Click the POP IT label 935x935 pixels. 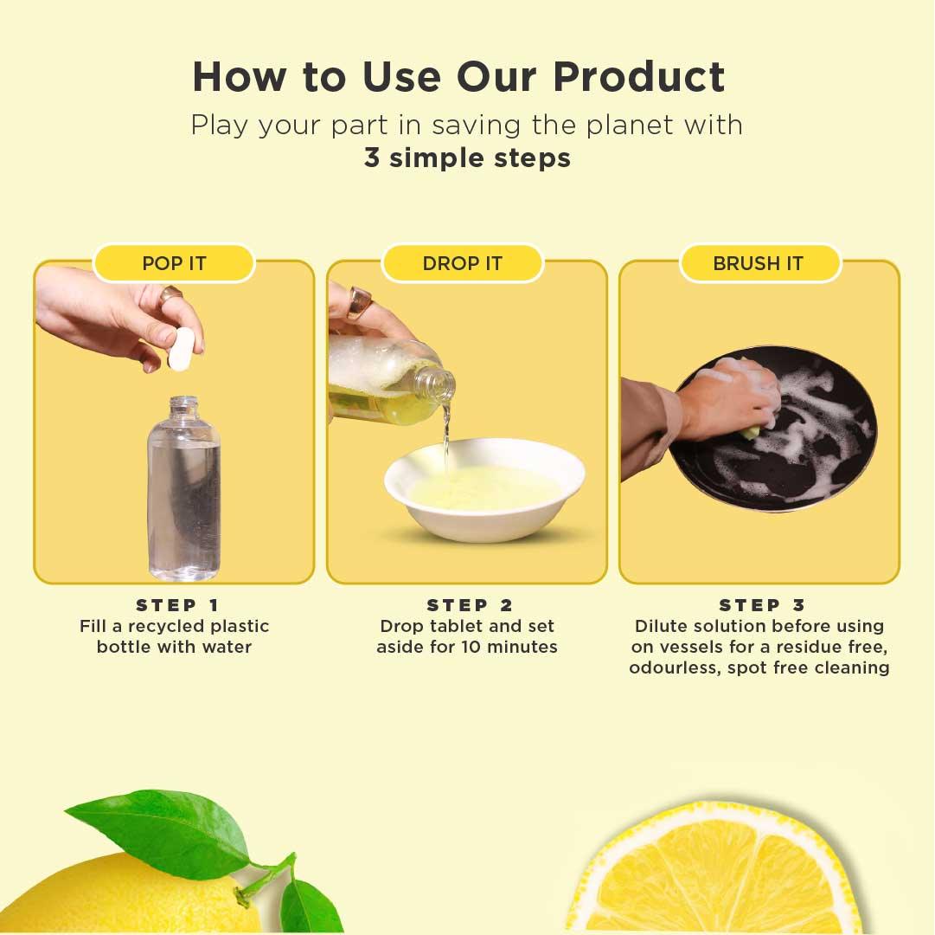(174, 263)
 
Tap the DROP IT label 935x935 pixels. (462, 263)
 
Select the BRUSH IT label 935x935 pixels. (759, 263)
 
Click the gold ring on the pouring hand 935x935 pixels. (359, 303)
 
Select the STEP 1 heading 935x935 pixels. (177, 605)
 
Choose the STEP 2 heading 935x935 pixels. (470, 605)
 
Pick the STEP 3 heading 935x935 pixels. (762, 605)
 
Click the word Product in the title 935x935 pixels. (638, 77)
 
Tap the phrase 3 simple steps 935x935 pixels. (467, 158)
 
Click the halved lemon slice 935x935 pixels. (718, 874)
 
